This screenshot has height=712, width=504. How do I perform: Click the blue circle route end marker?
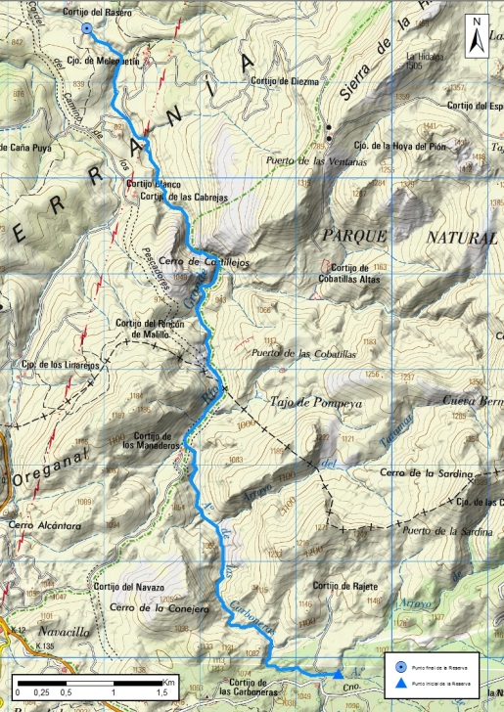pos(86,30)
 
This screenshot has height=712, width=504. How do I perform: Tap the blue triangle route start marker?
pos(338,674)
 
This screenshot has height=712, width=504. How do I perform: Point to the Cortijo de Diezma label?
pos(285,81)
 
